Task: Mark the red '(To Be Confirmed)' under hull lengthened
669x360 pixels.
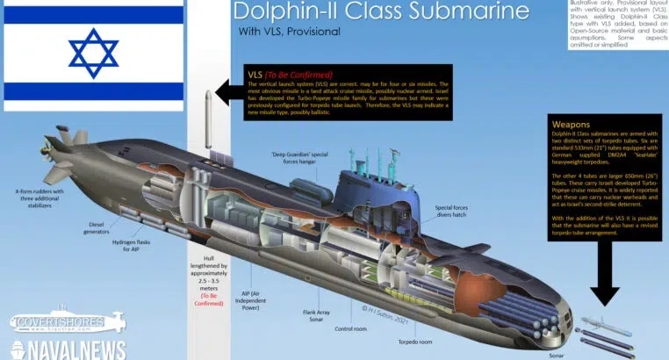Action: [x=210, y=299]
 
